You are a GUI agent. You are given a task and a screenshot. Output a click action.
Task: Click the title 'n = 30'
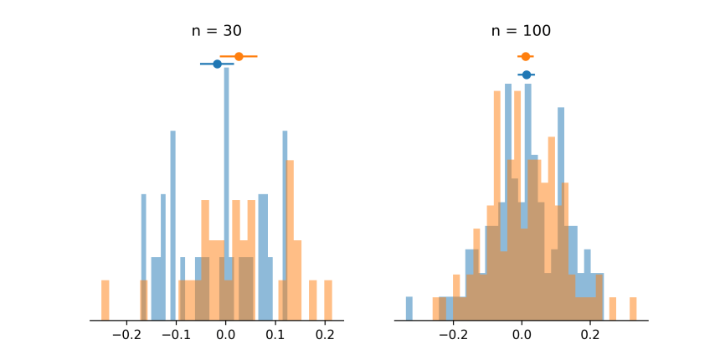(216, 32)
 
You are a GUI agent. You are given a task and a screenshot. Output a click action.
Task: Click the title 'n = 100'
(521, 32)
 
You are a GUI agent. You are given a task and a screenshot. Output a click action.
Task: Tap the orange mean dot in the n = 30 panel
(239, 56)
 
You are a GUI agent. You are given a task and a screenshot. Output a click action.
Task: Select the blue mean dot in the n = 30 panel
(217, 64)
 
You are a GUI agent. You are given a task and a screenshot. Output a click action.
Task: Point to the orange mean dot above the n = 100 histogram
(525, 56)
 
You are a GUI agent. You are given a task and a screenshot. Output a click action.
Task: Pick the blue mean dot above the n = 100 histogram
(526, 75)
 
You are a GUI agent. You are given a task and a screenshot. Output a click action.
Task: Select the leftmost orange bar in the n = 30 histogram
(105, 301)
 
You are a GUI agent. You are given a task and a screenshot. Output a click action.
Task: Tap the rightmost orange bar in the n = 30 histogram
(328, 301)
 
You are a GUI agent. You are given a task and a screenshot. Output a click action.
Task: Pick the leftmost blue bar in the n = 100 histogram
(409, 309)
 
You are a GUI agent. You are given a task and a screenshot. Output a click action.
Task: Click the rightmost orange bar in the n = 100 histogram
(633, 309)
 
